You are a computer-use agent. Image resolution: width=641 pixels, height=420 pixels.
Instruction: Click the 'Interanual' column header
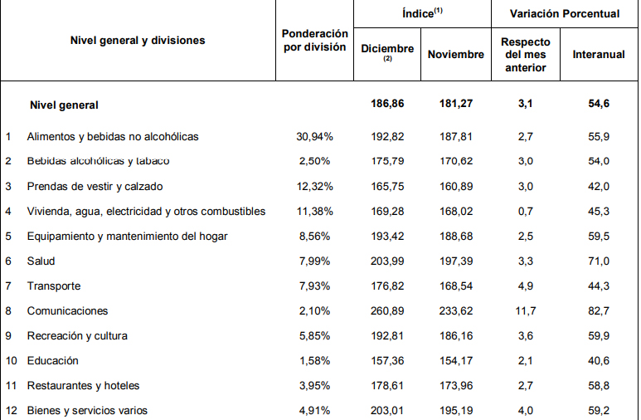point(599,54)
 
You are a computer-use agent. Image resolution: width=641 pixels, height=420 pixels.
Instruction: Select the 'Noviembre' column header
point(456,54)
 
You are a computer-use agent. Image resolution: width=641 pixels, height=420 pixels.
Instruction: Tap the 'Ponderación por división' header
point(314,40)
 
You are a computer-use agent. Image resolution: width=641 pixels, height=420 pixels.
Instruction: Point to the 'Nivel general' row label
point(64,105)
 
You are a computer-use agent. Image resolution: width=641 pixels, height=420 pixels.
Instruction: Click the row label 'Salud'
point(41,261)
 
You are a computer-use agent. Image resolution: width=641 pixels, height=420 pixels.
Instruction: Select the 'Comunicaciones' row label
point(68,310)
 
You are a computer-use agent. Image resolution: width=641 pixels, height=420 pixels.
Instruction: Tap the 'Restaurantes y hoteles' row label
point(83,385)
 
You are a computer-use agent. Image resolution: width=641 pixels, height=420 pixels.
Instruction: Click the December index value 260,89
point(388,310)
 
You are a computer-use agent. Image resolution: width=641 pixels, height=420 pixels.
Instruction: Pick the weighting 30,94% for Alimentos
point(313,136)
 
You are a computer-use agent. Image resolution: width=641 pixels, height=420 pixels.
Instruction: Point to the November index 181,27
point(456,105)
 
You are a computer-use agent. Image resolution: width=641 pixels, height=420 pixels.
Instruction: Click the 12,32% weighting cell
point(313,186)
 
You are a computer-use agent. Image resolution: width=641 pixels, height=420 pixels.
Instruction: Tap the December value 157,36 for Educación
point(388,360)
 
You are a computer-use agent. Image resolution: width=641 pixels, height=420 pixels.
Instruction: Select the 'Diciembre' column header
point(387,49)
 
